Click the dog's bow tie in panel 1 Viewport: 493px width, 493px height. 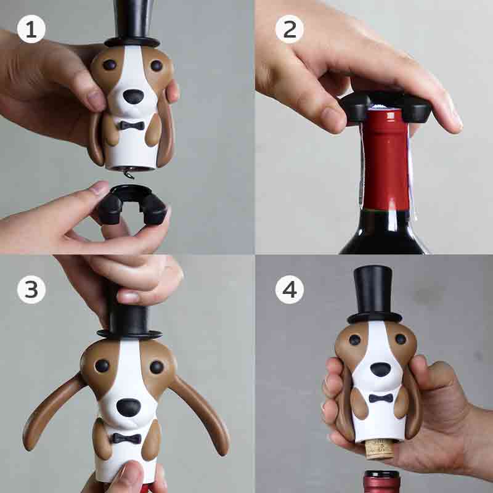click(132, 125)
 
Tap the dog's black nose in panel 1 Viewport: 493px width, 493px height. click(133, 97)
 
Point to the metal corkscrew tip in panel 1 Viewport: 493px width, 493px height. click(128, 174)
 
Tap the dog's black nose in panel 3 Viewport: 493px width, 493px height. click(129, 407)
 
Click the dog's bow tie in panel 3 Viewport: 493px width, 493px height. click(127, 439)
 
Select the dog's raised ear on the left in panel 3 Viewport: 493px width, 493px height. click(52, 410)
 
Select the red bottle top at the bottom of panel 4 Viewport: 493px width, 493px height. click(382, 482)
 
